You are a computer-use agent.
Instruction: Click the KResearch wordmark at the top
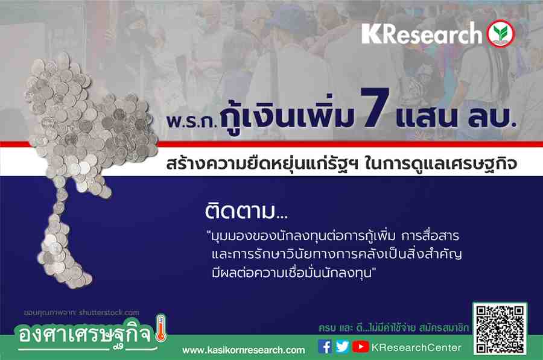(422, 34)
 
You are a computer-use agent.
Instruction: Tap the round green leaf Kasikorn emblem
(501, 34)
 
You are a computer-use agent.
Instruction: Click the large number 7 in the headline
(375, 107)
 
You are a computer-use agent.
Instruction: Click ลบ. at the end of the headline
(492, 116)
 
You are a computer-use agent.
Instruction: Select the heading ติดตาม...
(246, 211)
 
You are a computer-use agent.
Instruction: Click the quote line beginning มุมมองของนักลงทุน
(333, 236)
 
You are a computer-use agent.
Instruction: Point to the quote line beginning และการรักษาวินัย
(337, 254)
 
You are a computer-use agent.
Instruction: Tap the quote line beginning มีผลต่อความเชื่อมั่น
(294, 273)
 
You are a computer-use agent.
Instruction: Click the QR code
(500, 328)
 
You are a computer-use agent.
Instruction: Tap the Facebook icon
(325, 347)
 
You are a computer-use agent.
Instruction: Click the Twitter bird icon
(342, 347)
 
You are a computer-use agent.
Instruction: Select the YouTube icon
(360, 347)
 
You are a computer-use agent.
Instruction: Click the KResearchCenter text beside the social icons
(416, 347)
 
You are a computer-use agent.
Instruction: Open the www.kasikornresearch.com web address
(244, 350)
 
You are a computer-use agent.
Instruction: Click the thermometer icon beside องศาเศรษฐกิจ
(160, 328)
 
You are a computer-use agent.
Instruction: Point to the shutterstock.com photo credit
(81, 312)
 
